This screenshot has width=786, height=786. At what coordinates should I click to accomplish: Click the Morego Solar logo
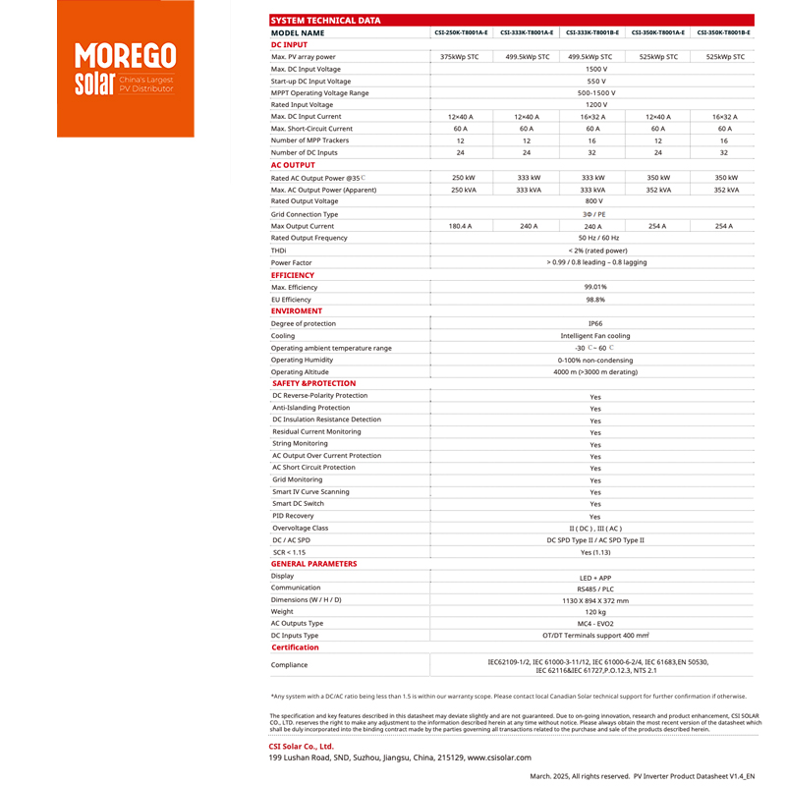click(x=126, y=69)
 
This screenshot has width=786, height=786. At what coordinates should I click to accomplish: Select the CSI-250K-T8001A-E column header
click(x=461, y=32)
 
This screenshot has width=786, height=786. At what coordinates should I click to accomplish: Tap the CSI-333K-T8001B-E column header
click(x=592, y=32)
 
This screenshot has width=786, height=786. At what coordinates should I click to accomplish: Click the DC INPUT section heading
click(x=289, y=44)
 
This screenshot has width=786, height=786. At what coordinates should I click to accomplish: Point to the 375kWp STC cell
click(x=460, y=57)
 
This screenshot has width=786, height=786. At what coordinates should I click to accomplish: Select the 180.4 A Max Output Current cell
click(x=460, y=226)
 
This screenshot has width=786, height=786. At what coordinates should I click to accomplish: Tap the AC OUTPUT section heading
click(x=293, y=165)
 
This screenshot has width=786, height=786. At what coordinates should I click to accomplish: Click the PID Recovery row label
click(x=293, y=516)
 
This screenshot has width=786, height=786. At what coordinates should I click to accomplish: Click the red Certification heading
click(x=295, y=647)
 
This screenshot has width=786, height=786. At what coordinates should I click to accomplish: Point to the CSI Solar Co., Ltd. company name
click(x=302, y=747)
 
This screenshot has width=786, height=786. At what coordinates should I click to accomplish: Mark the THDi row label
click(x=279, y=251)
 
